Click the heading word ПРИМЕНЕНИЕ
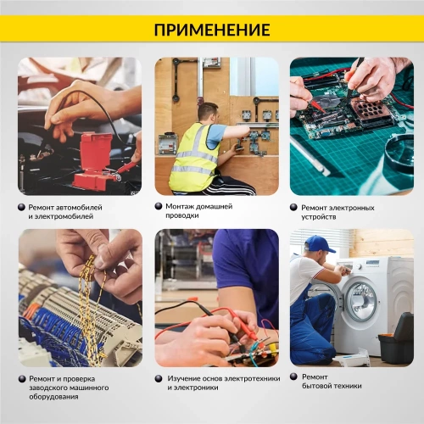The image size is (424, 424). tap(212, 30)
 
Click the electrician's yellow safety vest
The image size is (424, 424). tap(193, 157)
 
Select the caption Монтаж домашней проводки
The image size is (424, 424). tap(198, 210)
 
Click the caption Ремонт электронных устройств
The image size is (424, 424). tap(332, 211)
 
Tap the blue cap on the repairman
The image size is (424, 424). tap(317, 244)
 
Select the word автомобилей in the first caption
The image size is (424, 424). tap(83, 207)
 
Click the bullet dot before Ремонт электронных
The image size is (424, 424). tap(293, 207)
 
